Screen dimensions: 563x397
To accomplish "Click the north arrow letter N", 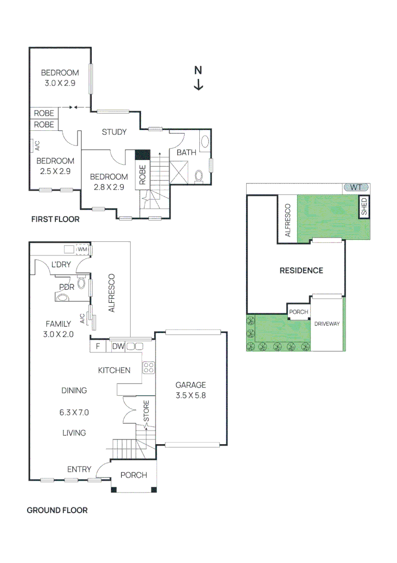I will pos(198,70).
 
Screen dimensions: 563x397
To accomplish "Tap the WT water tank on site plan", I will pos(356,187).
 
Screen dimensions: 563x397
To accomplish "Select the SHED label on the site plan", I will pos(364,206).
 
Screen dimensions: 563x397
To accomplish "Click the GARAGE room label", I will pos(190,385).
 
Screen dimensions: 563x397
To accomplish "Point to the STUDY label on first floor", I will pos(114,132).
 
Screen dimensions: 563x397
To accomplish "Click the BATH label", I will pos(186,153).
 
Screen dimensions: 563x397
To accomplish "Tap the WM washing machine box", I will pos(82,250).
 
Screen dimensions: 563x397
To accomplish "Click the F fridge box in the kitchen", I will pos(97,346).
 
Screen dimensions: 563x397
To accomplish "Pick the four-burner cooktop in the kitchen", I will pos(148,368).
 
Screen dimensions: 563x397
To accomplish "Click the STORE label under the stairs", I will pos(146,411).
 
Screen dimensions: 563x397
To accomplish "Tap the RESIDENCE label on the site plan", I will pos(301,270).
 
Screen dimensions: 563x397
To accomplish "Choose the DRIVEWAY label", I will pos(327,324).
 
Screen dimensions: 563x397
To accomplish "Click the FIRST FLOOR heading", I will pos(55,219).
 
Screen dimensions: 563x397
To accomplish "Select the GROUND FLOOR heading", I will pos(57,510).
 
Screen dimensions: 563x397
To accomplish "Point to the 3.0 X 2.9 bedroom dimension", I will pos(60,83).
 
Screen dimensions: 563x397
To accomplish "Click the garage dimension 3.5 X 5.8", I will pos(190,396).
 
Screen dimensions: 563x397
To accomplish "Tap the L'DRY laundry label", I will pos(61,264).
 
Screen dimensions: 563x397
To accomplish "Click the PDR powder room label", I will pos(67,286).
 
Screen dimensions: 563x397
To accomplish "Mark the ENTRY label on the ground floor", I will pos(79,470).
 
